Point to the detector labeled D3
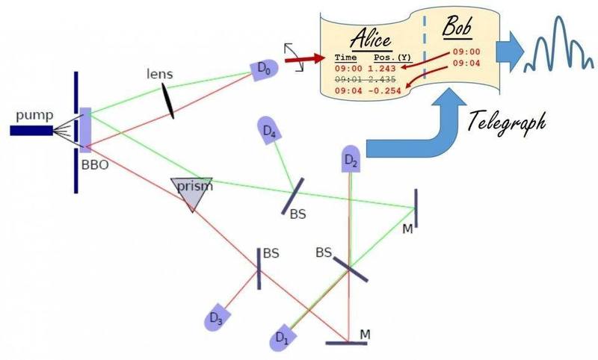[x=215, y=317]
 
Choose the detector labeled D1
[x=280, y=338]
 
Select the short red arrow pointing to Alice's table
[x=299, y=57]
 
